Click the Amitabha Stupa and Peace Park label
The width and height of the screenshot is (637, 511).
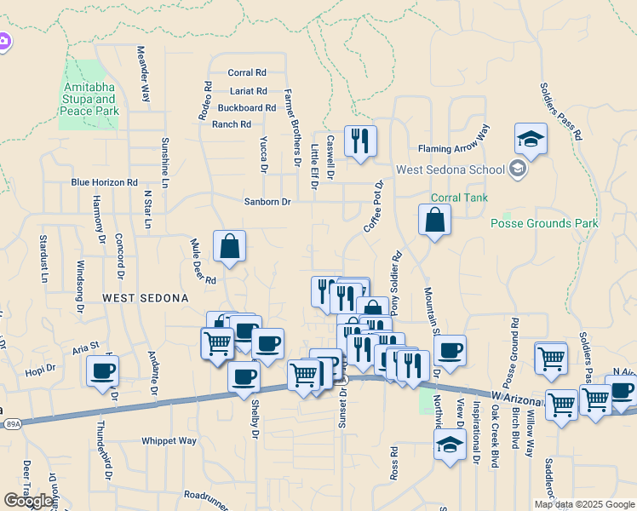point(89,99)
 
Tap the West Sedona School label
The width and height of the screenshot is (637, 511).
point(450,169)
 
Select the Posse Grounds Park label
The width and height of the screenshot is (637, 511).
point(544,223)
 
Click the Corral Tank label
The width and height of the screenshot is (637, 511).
point(458,198)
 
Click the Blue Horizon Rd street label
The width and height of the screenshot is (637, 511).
point(104,182)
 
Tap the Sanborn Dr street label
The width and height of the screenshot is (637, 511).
point(267,202)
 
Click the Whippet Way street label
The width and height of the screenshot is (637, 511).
point(169,441)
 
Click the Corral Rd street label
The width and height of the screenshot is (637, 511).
point(247,73)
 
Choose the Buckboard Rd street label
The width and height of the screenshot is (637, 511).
point(247,108)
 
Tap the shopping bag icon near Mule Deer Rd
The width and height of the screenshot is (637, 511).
point(230,247)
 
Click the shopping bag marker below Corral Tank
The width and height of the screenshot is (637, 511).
point(434,220)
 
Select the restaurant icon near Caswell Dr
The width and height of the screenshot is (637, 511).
point(360,141)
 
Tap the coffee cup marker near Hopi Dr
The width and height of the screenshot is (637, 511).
point(102,370)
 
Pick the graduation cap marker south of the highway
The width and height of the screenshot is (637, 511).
point(450,444)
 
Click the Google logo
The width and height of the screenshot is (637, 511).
point(29,501)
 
